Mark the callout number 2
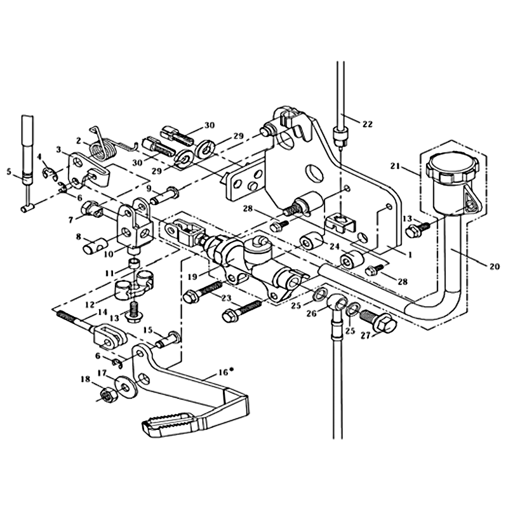coord(79,141)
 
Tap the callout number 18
coord(85,380)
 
